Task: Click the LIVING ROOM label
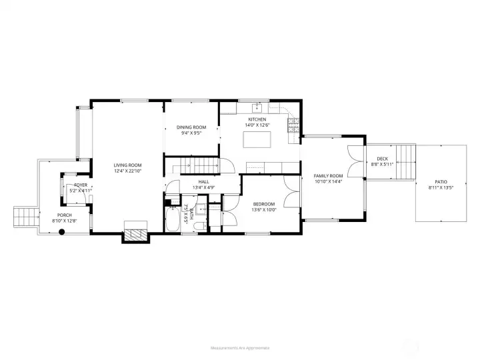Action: [x=127, y=165]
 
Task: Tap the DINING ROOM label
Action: [x=191, y=127]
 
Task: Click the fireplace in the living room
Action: [x=137, y=235]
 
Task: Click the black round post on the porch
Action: [x=61, y=232]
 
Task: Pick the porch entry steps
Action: [x=25, y=216]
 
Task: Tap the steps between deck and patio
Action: [x=403, y=162]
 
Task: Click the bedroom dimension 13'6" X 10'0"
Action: [x=263, y=210]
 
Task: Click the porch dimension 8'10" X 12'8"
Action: [x=65, y=221]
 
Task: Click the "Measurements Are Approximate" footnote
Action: [x=239, y=347]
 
